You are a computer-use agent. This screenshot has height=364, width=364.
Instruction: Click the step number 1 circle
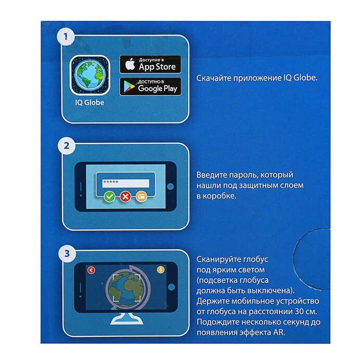tap(66, 37)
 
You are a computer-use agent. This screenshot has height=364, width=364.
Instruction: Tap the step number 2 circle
tap(67, 146)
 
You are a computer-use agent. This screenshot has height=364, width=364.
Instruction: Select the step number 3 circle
tap(67, 254)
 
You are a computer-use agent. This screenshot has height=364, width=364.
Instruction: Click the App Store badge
tap(150, 64)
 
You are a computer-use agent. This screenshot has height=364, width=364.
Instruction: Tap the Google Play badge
tap(150, 86)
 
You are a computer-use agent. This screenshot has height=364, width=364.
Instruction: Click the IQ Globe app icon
tap(89, 75)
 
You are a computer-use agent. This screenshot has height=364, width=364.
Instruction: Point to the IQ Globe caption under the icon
tap(89, 102)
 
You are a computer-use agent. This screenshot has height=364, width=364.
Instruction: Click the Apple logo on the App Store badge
tap(130, 64)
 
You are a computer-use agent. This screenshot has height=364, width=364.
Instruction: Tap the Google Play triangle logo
tap(129, 87)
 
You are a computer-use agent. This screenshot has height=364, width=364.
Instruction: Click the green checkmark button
tap(110, 197)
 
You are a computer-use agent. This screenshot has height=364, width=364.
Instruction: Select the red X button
tap(126, 197)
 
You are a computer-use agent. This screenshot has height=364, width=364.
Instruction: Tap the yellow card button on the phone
tap(141, 197)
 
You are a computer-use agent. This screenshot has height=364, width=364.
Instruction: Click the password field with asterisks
tap(126, 183)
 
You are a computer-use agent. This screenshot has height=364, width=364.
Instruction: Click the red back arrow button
tap(91, 270)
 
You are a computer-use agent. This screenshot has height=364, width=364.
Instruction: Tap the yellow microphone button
tap(161, 270)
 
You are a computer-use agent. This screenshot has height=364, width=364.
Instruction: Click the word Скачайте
tap(214, 78)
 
